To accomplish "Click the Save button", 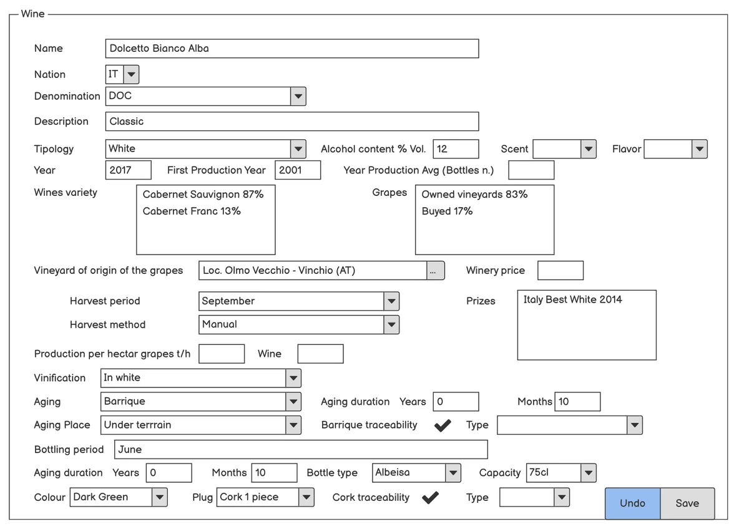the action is point(687,503).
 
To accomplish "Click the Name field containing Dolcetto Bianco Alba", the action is point(292,49).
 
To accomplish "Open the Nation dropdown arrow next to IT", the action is point(131,74).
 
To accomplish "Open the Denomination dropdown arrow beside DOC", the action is point(298,96).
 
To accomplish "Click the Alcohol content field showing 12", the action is point(456,148).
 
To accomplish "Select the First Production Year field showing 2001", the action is point(298,170).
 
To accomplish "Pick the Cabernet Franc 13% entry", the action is point(192,211).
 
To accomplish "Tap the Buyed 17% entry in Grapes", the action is point(447,211).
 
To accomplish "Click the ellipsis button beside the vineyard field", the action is point(436,270).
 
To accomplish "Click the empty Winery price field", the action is point(561,270).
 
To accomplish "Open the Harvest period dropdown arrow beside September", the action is point(391,301).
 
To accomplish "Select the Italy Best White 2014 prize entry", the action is point(572,299).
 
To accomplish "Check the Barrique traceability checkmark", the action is point(443,425).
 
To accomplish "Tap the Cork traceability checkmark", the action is point(430,498).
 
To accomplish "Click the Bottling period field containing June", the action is point(301,450).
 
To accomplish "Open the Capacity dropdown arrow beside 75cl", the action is point(588,473).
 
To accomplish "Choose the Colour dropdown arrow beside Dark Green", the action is point(160,497).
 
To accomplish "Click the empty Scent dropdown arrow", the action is point(589,149).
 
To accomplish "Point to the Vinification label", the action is point(60,378).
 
